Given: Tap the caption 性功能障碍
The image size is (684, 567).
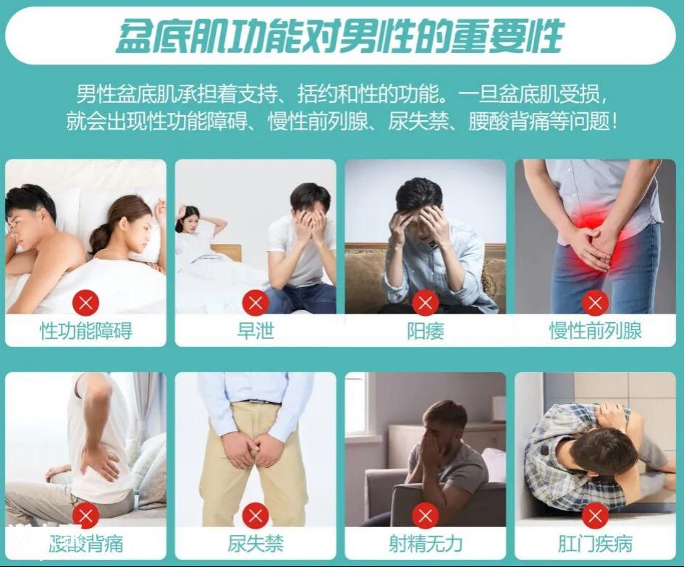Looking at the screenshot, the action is (86, 331).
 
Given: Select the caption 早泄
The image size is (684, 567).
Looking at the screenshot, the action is (256, 331).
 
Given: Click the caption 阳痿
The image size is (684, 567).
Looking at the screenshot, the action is (426, 331).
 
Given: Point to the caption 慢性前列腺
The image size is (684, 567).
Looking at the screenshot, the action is (595, 331).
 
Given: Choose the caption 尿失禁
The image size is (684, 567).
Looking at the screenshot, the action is (256, 544).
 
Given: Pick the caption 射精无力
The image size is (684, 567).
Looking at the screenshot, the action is (426, 544).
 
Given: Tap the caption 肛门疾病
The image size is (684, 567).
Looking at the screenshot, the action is (595, 544).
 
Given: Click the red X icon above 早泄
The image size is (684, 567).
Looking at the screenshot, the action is (256, 303).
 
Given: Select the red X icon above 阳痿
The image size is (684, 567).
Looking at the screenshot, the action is (426, 303).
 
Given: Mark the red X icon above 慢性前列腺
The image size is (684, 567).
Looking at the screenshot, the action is (595, 303).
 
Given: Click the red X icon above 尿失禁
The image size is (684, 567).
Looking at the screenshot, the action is (256, 516).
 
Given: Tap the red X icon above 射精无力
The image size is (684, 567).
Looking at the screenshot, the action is (426, 516).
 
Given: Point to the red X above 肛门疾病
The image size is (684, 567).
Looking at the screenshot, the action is (595, 516).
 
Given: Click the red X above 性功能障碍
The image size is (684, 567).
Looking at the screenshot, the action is (86, 303).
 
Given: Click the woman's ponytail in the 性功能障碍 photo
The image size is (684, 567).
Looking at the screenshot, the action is (99, 239).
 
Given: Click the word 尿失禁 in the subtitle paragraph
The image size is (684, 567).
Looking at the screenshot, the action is (418, 122).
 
